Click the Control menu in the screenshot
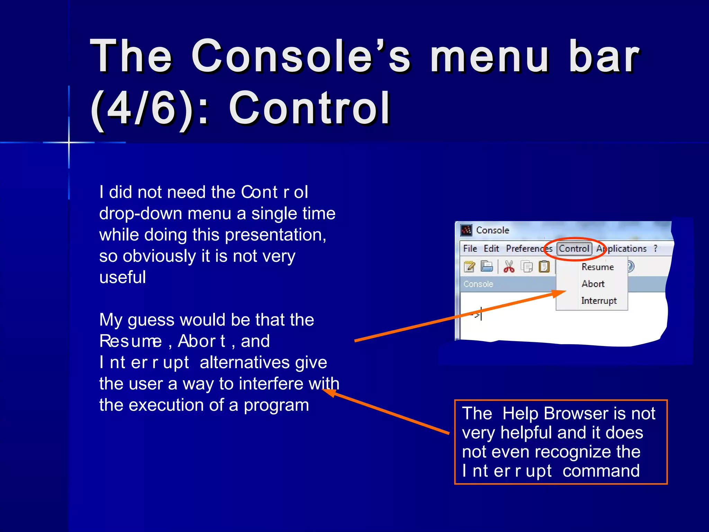[574, 248]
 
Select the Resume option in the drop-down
[598, 267]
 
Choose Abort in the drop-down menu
[593, 284]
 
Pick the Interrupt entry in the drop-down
[599, 301]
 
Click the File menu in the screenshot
[470, 249]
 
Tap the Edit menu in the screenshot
[491, 249]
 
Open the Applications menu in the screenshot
[621, 249]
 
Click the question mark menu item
[655, 248]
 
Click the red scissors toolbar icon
[509, 267]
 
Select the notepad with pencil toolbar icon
[469, 267]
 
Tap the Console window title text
[492, 230]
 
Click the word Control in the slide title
[309, 108]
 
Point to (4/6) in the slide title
[142, 108]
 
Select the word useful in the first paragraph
[123, 277]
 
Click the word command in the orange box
[601, 471]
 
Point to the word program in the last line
[276, 405]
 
